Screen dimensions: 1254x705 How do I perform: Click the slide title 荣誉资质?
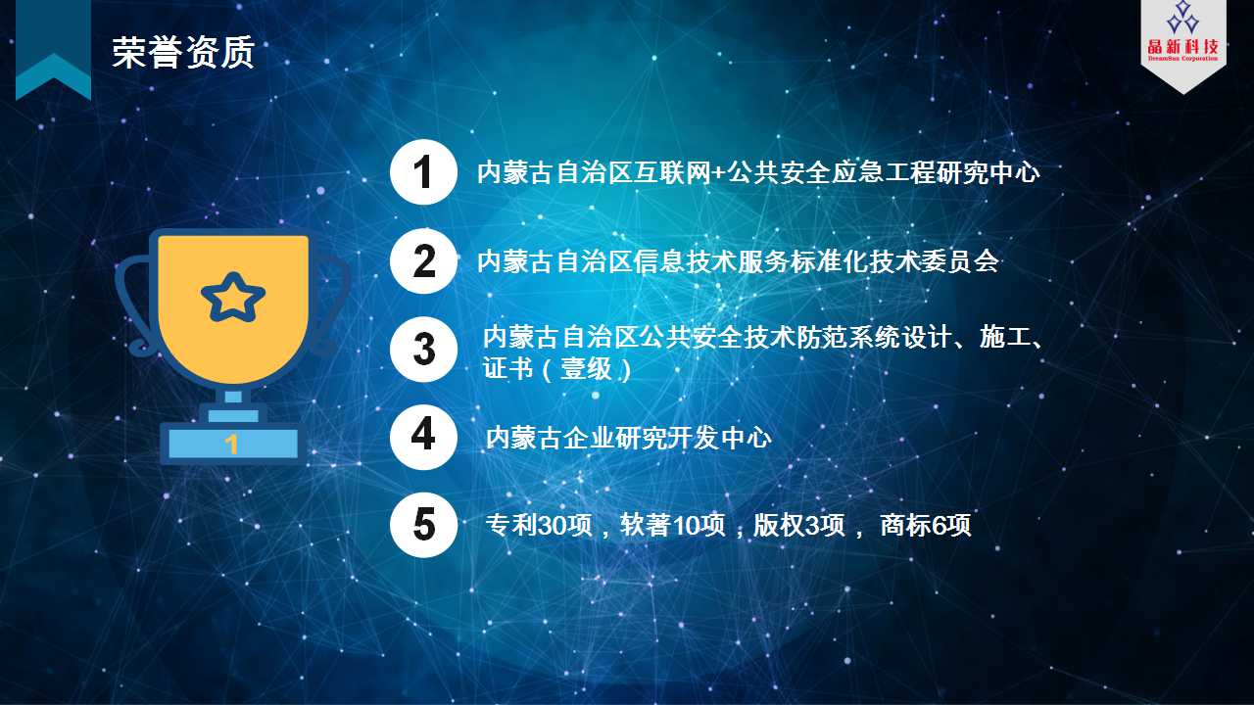point(183,53)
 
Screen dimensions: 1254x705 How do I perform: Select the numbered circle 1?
point(424,171)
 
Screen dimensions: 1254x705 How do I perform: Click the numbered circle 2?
point(424,260)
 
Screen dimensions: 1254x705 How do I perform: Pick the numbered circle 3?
point(424,350)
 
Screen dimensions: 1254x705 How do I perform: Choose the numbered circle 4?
point(424,437)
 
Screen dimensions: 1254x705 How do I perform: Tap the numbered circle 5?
point(424,525)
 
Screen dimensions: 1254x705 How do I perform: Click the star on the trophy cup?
point(233,297)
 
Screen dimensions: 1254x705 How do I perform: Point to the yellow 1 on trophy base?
point(232,445)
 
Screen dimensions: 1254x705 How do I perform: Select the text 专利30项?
point(539,526)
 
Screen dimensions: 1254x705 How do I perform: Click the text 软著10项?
point(672,526)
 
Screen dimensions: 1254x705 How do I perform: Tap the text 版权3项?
point(798,526)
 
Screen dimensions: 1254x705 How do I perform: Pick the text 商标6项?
point(926,526)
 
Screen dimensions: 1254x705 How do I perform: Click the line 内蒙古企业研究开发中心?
point(629,438)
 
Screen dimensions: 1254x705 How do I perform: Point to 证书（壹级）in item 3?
point(557,369)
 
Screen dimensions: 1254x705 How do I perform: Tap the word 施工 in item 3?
point(1005,337)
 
